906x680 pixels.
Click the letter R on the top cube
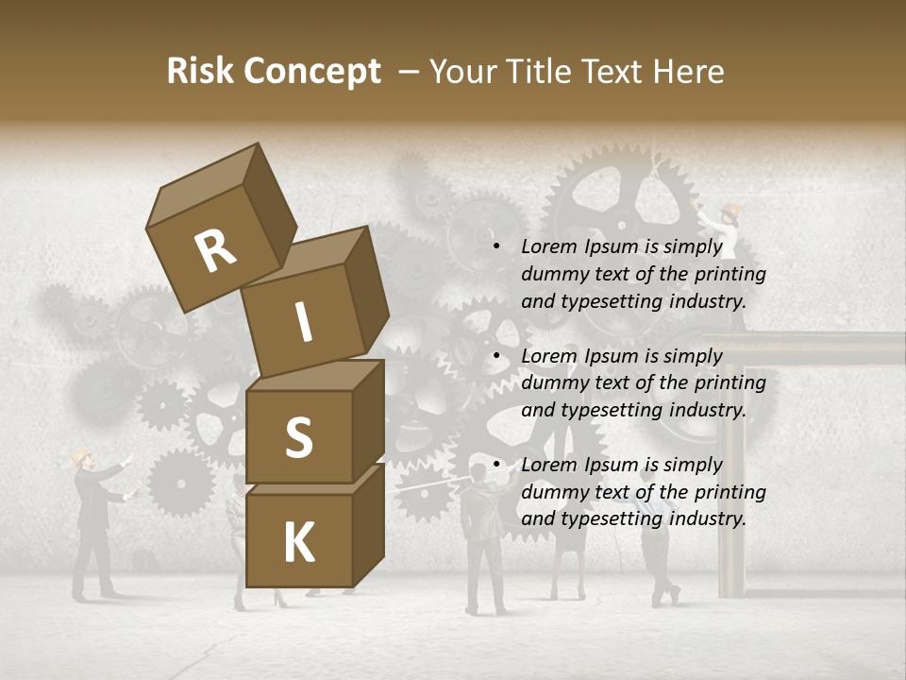tap(215, 251)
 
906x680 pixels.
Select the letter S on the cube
tap(298, 437)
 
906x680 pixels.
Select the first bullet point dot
tap(496, 247)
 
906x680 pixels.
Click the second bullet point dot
tap(496, 356)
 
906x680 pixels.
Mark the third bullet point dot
tap(496, 465)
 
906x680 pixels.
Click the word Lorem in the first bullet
tap(548, 247)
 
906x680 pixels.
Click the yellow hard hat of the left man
tap(81, 456)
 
